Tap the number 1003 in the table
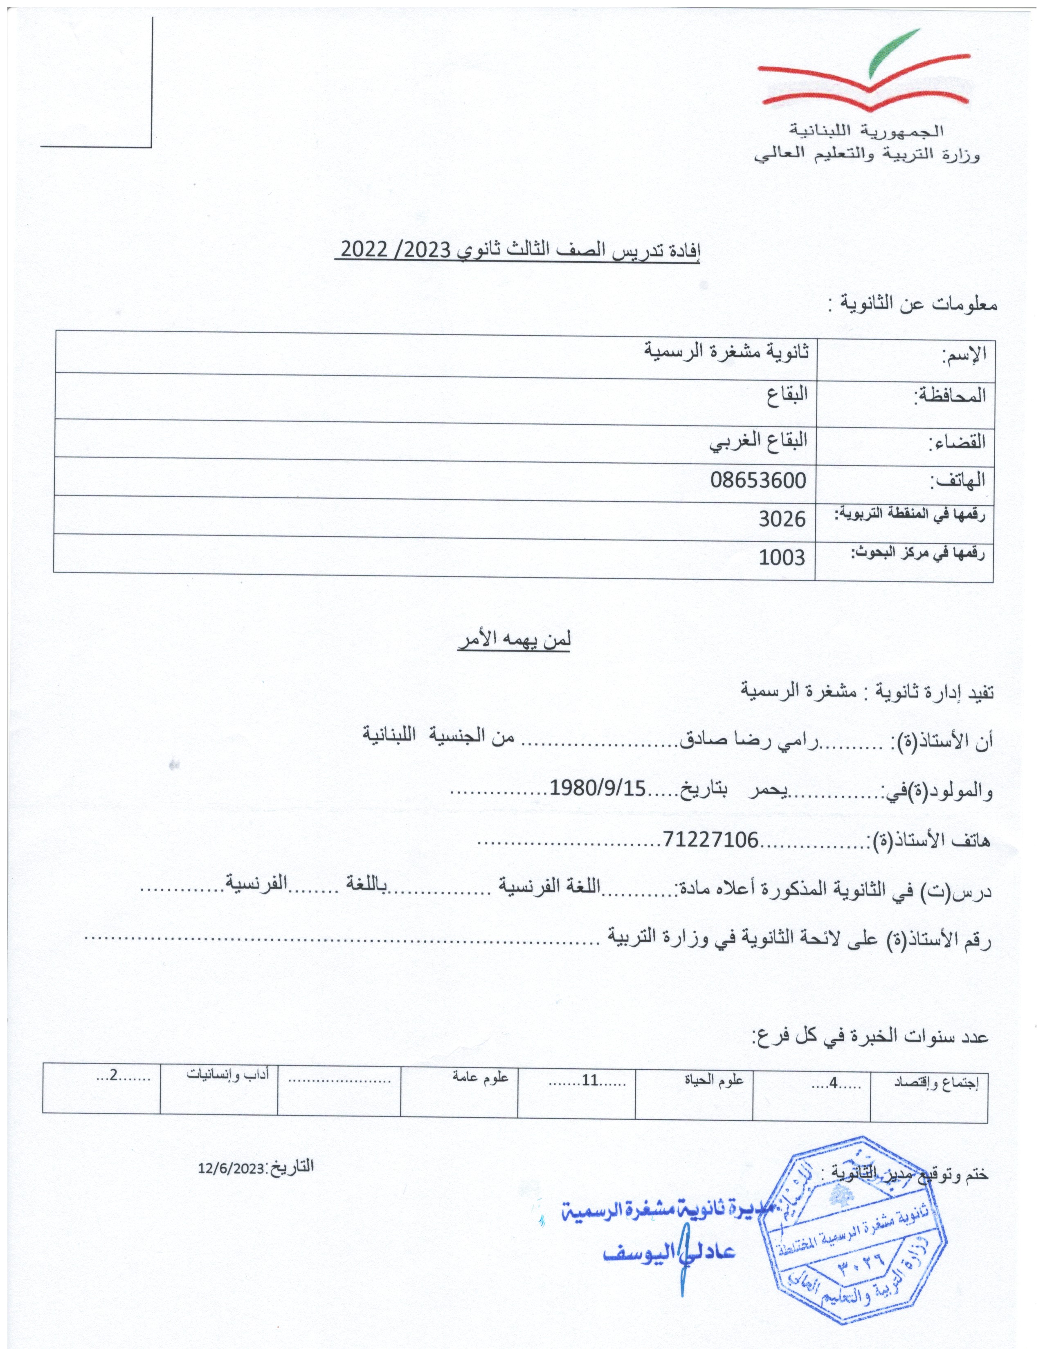(x=782, y=558)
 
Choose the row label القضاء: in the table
(x=958, y=441)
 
